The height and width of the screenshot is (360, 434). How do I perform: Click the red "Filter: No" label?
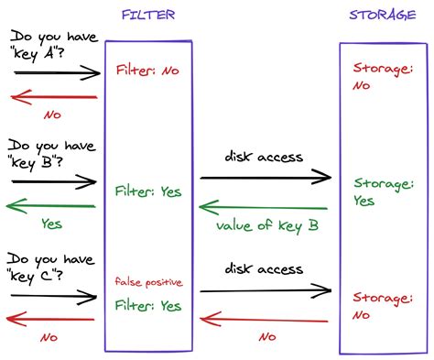tap(148, 70)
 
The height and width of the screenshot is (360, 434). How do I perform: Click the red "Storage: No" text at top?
tap(380, 75)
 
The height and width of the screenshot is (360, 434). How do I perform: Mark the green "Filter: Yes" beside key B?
tap(148, 192)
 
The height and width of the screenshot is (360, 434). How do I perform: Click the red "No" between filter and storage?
tap(266, 337)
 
